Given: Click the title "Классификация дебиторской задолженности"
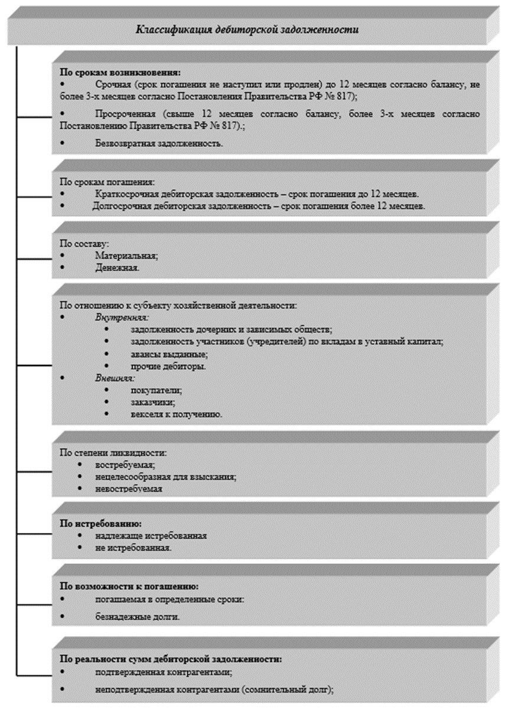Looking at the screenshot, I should pyautogui.click(x=248, y=30).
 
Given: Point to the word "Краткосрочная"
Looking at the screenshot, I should pyautogui.click(x=123, y=193).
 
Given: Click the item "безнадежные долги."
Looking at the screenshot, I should pyautogui.click(x=137, y=617).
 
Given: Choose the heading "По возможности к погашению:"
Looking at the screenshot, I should pyautogui.click(x=129, y=587).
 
